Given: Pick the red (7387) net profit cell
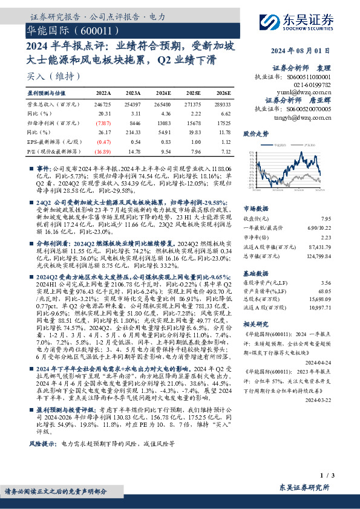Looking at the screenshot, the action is click(103, 122).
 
